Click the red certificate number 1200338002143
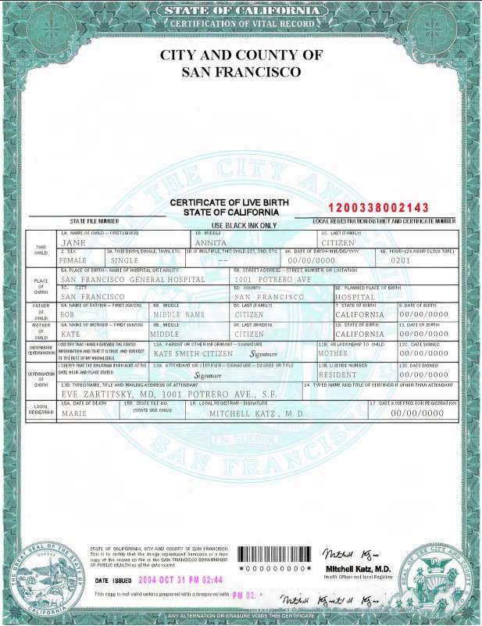point(378,207)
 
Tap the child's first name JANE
point(73,244)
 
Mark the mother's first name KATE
point(71,334)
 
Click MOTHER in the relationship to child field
point(332,353)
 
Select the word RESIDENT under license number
point(337,374)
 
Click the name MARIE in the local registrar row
point(73,413)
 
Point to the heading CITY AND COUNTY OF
point(241,55)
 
